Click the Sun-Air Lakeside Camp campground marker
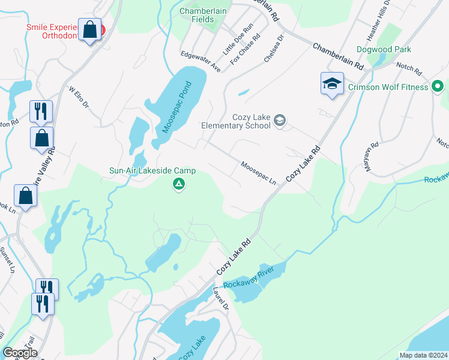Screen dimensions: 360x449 click(x=178, y=184)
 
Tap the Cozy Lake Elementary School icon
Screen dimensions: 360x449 click(x=279, y=121)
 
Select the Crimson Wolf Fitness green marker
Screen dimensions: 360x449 click(x=438, y=87)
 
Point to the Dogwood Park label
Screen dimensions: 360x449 click(x=383, y=49)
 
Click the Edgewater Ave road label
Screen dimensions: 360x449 click(x=201, y=62)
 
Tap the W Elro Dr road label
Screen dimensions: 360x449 click(x=79, y=98)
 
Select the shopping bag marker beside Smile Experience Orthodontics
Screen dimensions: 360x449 click(x=90, y=31)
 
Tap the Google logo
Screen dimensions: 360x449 click(x=20, y=353)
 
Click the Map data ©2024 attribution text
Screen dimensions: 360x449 click(x=423, y=355)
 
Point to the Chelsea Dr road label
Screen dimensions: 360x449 click(x=273, y=49)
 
